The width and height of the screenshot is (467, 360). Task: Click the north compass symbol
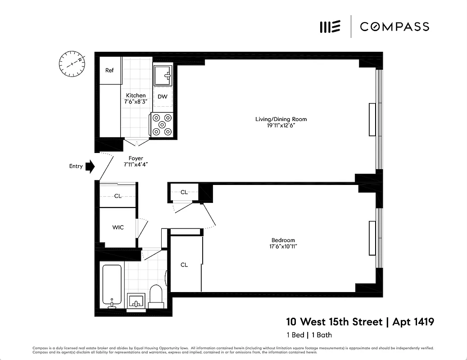pyautogui.click(x=72, y=63)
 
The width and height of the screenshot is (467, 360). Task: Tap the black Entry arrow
pyautogui.click(x=90, y=166)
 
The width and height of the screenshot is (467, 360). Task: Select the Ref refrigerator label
pyautogui.click(x=109, y=71)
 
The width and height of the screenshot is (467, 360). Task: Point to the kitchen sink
pyautogui.click(x=163, y=75)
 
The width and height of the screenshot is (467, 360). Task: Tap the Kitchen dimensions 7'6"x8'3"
pyautogui.click(x=136, y=102)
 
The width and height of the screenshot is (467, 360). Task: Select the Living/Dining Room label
pyautogui.click(x=281, y=119)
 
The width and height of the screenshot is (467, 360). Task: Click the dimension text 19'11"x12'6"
pyautogui.click(x=281, y=126)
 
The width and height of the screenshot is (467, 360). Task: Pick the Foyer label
pyautogui.click(x=136, y=158)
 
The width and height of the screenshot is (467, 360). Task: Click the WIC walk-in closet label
pyautogui.click(x=118, y=228)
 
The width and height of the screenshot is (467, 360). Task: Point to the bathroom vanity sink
pyautogui.click(x=136, y=301)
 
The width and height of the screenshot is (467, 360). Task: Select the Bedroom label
pyautogui.click(x=283, y=240)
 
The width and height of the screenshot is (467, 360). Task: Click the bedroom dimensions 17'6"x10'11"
pyautogui.click(x=283, y=247)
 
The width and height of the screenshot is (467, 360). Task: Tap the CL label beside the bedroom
pyautogui.click(x=184, y=265)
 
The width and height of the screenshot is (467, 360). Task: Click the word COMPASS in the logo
pyautogui.click(x=394, y=27)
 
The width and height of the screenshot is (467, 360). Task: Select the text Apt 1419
pyautogui.click(x=413, y=322)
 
